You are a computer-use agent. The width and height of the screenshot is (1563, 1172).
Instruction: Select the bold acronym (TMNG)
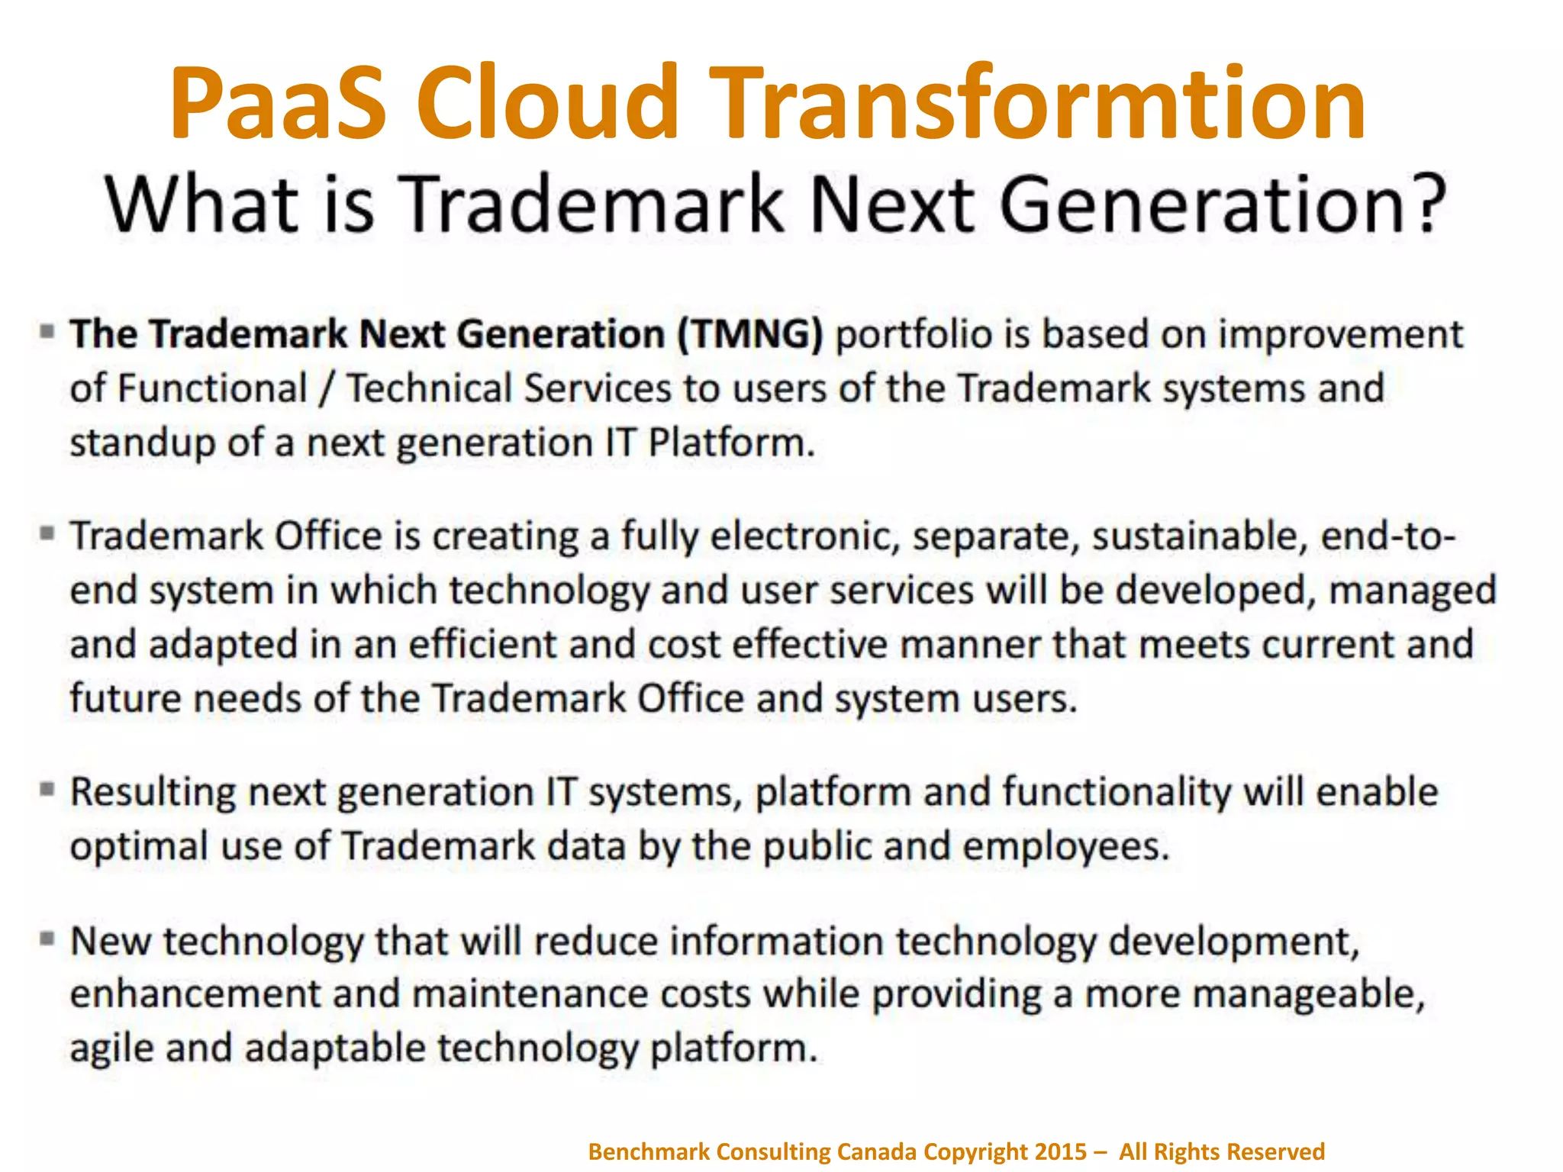click(x=751, y=334)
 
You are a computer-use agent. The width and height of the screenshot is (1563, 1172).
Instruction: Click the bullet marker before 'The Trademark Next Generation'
click(x=47, y=331)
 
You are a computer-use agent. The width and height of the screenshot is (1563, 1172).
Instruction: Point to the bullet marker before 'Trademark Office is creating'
click(x=47, y=533)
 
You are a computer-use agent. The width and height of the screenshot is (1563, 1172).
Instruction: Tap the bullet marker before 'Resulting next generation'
click(x=47, y=788)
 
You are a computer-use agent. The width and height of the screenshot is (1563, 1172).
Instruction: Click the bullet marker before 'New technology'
click(x=47, y=938)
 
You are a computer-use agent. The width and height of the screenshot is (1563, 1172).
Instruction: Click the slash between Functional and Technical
click(x=327, y=389)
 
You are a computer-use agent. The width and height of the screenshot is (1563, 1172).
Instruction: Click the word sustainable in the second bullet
click(x=1195, y=536)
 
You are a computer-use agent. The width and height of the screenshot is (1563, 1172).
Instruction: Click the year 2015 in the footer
click(x=1060, y=1151)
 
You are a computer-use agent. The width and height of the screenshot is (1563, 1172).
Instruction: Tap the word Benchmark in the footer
click(x=649, y=1151)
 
